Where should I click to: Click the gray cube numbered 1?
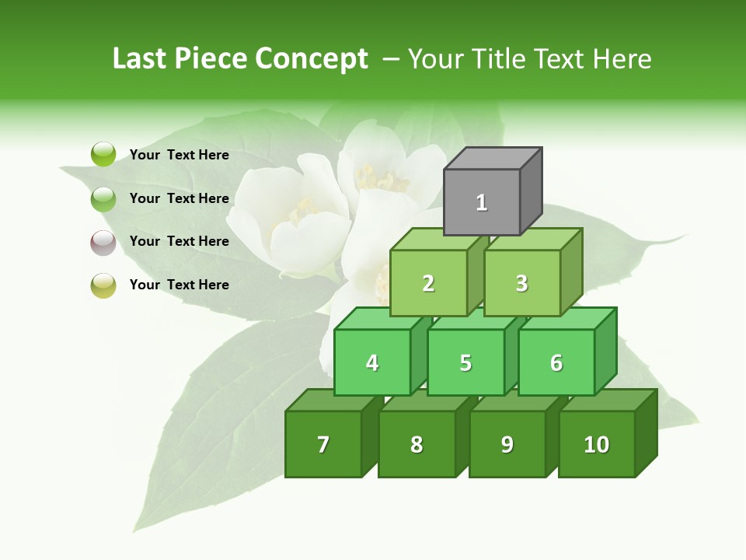(x=482, y=202)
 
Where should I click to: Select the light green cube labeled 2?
(x=428, y=283)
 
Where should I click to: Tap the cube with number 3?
(x=521, y=283)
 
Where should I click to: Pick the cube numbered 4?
(x=372, y=362)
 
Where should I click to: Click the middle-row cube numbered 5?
(x=465, y=362)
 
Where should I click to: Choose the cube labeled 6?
(x=556, y=362)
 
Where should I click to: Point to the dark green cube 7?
(x=323, y=444)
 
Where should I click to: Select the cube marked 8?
(x=417, y=444)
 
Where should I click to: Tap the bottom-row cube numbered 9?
(x=507, y=444)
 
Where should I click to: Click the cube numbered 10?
(x=596, y=444)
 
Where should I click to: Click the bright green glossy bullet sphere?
(x=103, y=154)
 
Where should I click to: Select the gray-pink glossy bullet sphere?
(x=103, y=242)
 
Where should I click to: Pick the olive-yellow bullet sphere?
(x=103, y=285)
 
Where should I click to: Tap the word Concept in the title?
(x=312, y=58)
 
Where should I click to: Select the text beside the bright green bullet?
(x=180, y=155)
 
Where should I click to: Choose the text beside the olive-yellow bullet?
(x=180, y=285)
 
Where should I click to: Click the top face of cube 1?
(x=493, y=159)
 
